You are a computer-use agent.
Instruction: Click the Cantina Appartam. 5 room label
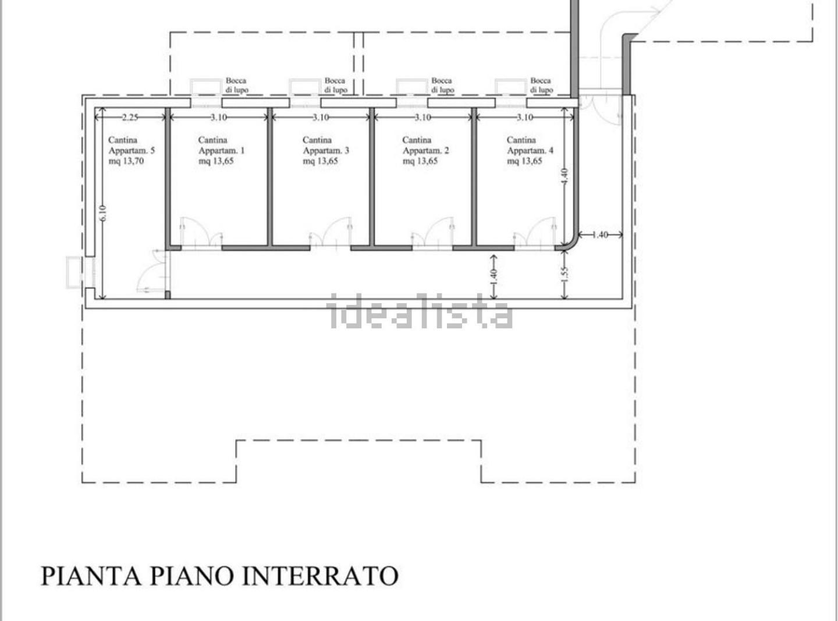132,150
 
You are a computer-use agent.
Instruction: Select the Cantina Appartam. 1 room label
221,150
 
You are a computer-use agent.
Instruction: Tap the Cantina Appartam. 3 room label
326,150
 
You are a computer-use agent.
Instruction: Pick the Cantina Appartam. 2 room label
425,150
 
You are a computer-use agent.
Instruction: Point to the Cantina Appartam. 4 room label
530,150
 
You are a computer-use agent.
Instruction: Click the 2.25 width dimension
130,118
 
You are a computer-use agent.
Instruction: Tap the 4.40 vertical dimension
564,176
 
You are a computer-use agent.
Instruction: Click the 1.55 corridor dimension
564,274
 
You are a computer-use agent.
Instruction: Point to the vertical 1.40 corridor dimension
494,277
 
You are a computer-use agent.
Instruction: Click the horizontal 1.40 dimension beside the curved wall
600,235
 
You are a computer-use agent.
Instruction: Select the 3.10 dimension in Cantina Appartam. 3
321,118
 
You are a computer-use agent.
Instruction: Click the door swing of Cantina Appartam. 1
201,232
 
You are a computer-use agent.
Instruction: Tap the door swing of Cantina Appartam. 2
432,232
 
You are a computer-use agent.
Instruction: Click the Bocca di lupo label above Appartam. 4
541,86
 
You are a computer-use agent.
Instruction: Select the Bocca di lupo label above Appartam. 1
236,86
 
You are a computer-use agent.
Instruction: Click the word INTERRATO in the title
320,576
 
